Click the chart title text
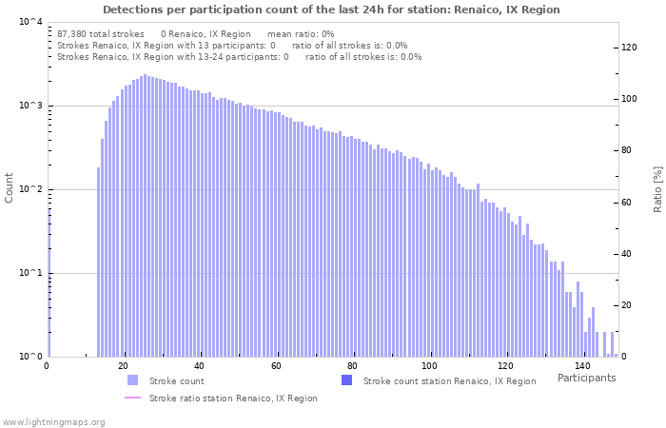(331, 10)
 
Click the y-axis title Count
(10, 187)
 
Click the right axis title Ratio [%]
(656, 188)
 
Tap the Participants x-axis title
(586, 378)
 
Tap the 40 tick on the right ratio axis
(628, 254)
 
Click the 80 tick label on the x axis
(353, 366)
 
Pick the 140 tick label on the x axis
(582, 366)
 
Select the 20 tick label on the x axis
(123, 366)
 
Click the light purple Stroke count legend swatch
(132, 380)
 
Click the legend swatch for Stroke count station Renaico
(346, 380)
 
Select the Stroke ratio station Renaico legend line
(132, 399)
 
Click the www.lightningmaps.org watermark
(53, 421)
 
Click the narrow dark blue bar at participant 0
(49, 285)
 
